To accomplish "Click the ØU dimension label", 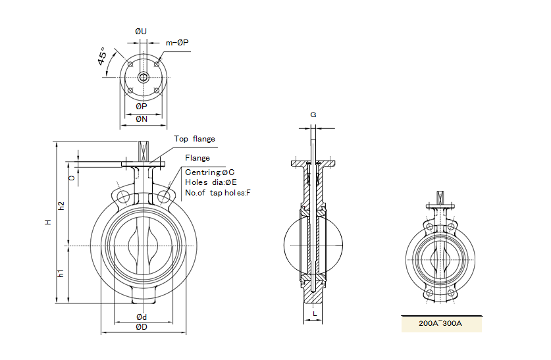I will [141, 32].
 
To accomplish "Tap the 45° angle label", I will [103, 57].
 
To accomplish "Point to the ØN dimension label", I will [142, 119].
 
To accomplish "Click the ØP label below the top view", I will [142, 106].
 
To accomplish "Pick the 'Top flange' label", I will [194, 139].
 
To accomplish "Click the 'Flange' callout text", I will [197, 158].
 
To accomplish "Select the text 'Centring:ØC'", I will [210, 172].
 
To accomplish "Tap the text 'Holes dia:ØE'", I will [211, 182].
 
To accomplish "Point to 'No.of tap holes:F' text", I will [218, 193].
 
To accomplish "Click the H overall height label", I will [47, 223].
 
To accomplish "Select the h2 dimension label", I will [61, 205].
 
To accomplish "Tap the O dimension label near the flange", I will [71, 177].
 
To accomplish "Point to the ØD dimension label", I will [141, 327].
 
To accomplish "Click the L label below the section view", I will [315, 313].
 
